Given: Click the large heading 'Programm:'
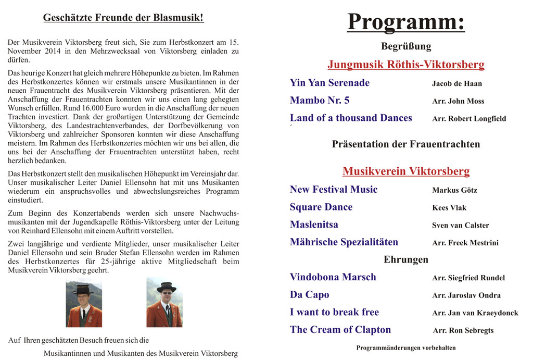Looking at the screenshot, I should (405, 22).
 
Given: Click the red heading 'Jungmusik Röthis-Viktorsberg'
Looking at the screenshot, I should (405, 65).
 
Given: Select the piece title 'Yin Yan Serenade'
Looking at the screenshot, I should (329, 83).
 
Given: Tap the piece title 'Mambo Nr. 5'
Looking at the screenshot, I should (320, 101).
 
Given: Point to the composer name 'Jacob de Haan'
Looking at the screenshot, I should (456, 83).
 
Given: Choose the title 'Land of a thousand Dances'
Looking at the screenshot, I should (351, 118).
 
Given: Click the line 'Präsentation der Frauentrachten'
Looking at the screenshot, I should (406, 144).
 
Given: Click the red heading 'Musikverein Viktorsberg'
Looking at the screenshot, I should (406, 171).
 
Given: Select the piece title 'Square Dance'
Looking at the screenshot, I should (321, 207).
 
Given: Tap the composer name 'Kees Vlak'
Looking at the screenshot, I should (449, 208).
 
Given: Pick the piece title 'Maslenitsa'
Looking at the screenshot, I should (314, 225).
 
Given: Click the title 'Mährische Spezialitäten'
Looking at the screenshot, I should (344, 242).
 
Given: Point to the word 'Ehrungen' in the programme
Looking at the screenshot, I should (406, 259).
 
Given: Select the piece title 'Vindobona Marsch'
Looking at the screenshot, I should (333, 277).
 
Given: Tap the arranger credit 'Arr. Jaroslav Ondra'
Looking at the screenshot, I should (466, 295).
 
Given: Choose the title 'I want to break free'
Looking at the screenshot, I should (334, 312).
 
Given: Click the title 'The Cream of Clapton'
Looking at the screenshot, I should (340, 330).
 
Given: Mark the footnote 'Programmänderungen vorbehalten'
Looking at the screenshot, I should (406, 347).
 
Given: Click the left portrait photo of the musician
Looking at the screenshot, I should (84, 304).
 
